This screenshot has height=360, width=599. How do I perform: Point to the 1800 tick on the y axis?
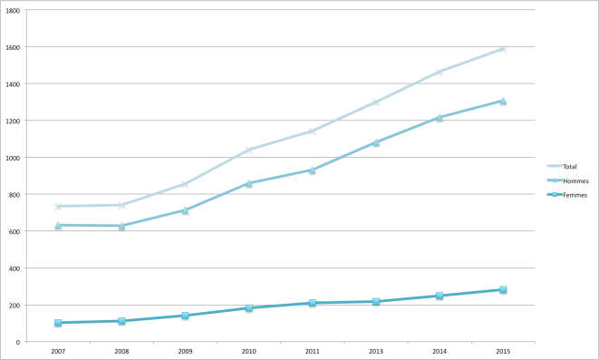pos(16,10)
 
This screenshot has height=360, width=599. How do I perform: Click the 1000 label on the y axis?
pos(16,157)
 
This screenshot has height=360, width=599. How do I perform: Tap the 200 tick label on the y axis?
pos(18,305)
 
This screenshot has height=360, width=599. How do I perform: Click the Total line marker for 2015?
pos(503,49)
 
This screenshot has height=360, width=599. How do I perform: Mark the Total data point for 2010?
pos(248,150)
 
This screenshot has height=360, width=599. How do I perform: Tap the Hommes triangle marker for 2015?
pos(503,101)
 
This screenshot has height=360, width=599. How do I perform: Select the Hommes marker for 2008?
pos(121,226)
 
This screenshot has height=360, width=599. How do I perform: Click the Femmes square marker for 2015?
pos(503,290)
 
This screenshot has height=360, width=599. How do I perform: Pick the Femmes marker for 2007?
pos(58,323)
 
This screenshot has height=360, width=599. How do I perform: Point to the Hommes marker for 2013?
pos(375,142)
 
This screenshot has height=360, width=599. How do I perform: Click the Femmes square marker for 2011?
pos(312,303)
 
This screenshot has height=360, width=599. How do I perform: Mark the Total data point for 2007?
pos(58,207)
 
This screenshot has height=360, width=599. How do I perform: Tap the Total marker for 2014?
pos(440,72)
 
